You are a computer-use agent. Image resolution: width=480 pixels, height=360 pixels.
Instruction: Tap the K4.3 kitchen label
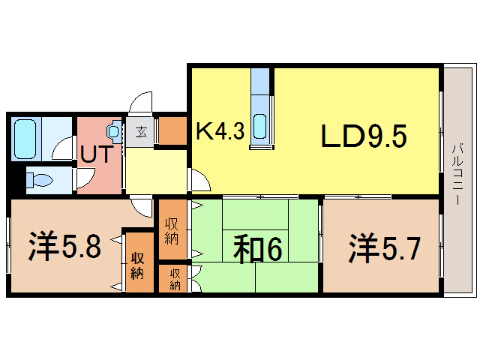pyautogui.click(x=220, y=131)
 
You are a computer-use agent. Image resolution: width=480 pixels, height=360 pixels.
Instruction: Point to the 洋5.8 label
pyautogui.click(x=65, y=245)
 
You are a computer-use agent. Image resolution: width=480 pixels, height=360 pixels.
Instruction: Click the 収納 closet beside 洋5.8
pyautogui.click(x=137, y=262)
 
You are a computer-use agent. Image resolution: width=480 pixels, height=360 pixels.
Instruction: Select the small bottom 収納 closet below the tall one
pyautogui.click(x=174, y=279)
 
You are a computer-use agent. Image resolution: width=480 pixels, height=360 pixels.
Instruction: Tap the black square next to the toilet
pyautogui.click(x=12, y=181)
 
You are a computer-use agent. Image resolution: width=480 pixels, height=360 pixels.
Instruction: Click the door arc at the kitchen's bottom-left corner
pyautogui.click(x=199, y=181)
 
